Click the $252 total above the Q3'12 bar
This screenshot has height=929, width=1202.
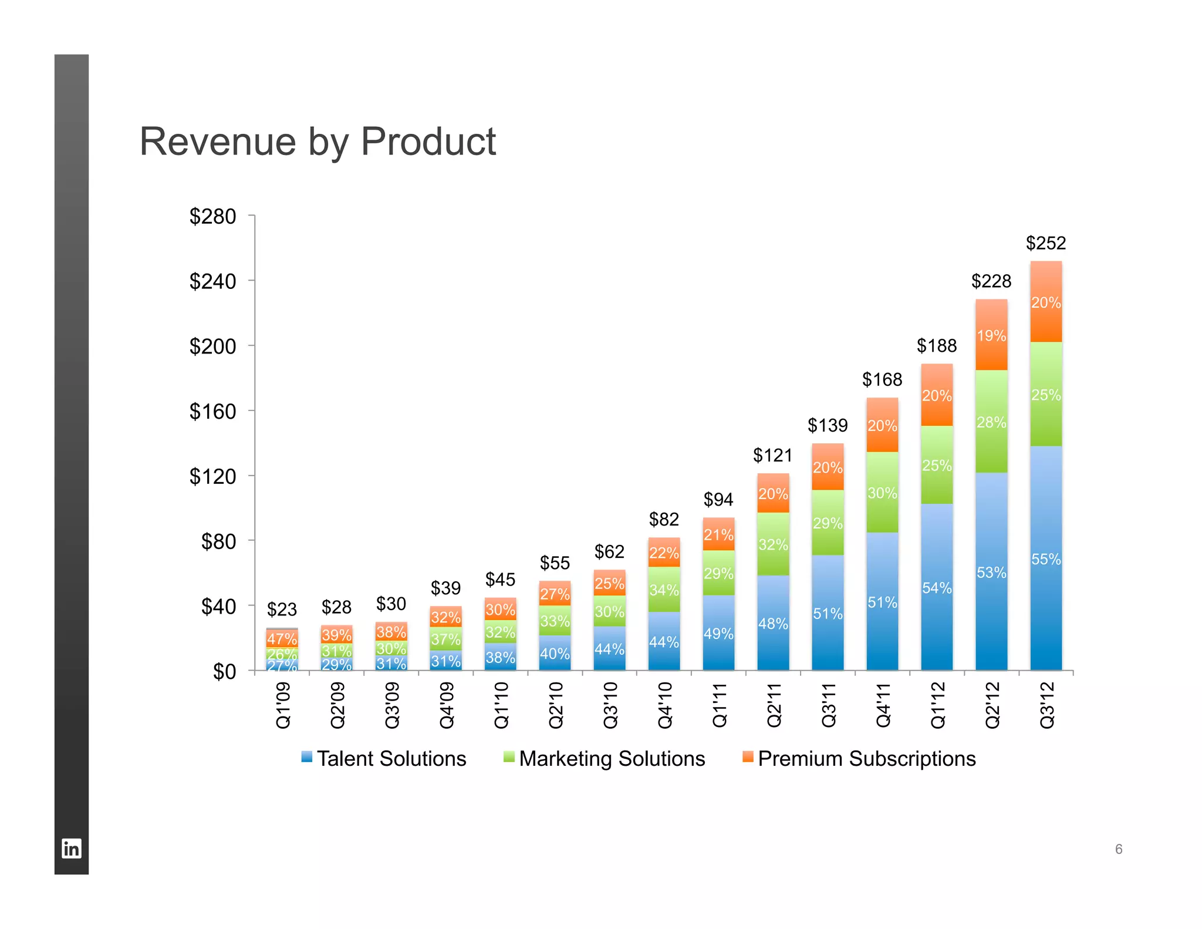point(1045,243)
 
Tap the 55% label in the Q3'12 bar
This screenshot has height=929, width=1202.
point(1046,559)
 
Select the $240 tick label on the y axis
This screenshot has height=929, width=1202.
point(212,281)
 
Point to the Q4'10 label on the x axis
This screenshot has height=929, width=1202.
point(664,705)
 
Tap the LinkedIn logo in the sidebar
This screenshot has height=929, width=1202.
point(72,849)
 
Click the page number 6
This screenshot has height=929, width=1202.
point(1119,849)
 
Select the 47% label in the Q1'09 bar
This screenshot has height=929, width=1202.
point(282,639)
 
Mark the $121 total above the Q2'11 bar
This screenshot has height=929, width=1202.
point(772,455)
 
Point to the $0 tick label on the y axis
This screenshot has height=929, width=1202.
point(224,671)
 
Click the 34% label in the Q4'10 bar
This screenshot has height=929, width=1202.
point(664,590)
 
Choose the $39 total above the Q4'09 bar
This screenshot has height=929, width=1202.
point(445,588)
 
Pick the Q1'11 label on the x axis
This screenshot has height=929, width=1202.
point(719,705)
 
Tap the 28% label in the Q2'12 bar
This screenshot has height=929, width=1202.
point(991,422)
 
